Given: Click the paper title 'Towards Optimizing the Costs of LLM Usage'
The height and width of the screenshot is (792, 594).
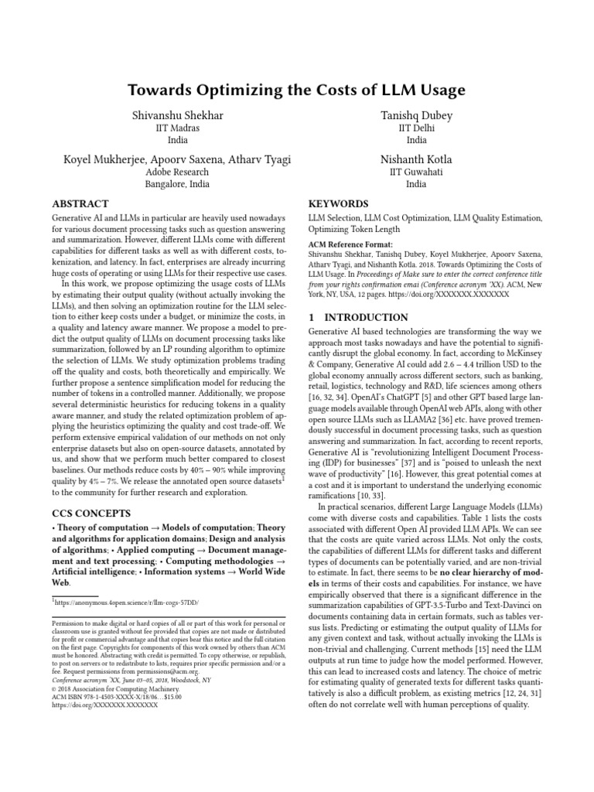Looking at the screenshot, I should point(297,90).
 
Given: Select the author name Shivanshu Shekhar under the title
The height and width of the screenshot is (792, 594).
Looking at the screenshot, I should point(178,116).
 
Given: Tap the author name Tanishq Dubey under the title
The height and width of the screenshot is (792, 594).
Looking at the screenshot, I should point(416,116).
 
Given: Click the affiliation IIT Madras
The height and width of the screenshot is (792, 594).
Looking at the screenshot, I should point(178,128).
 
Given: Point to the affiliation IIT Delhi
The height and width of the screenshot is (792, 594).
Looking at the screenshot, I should point(416,128).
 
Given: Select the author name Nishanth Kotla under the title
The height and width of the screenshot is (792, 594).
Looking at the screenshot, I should point(416,159).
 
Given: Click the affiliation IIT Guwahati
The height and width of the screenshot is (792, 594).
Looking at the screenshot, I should point(416,172).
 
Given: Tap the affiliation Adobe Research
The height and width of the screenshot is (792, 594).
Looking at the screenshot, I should point(178,172).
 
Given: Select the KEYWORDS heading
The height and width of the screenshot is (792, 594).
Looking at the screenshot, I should point(340,203).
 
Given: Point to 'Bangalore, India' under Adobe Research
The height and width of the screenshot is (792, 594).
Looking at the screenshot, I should point(178,184).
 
